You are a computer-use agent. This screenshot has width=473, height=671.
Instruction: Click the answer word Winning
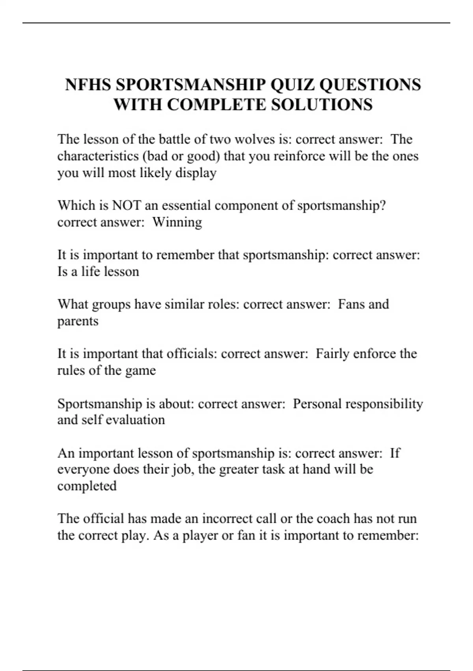(x=177, y=222)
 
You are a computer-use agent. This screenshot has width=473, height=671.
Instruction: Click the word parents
(x=78, y=321)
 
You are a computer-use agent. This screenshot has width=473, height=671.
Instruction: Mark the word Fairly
(x=333, y=354)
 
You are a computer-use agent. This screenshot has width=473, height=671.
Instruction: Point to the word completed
(x=87, y=486)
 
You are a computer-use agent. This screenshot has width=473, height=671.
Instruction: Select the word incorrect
(x=227, y=519)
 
